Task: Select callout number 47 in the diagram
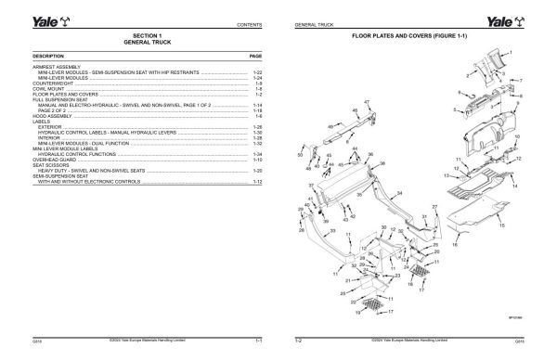[368, 102]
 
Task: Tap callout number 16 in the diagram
[455, 247]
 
